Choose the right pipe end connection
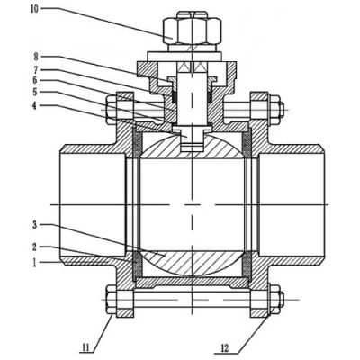click(x=292, y=206)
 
